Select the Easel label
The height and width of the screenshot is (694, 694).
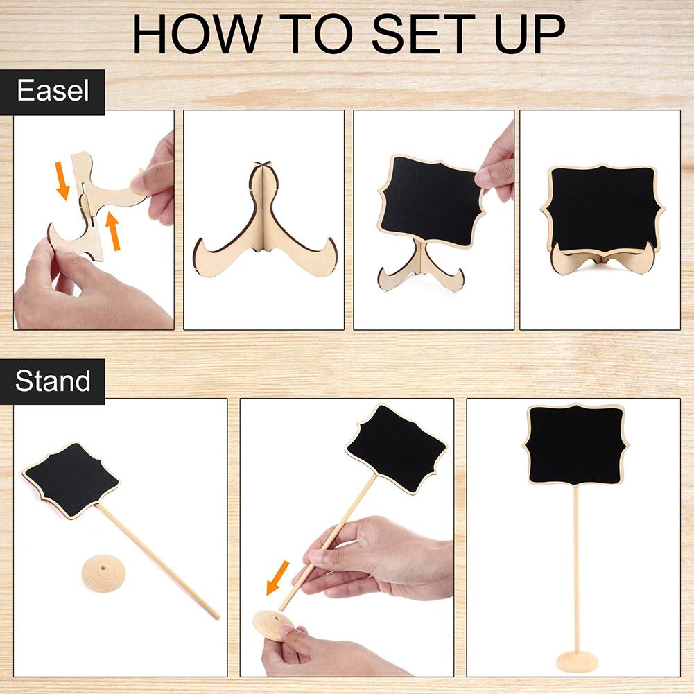53,91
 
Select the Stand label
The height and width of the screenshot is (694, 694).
53,381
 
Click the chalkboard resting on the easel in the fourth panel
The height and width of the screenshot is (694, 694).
601,208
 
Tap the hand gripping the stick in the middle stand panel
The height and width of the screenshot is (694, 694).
381,562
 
